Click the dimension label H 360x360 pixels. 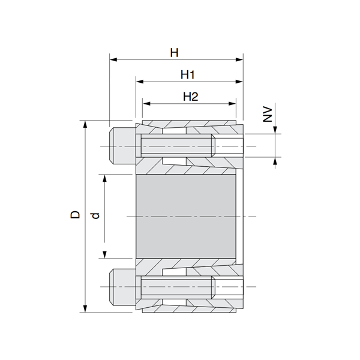coord(174,53)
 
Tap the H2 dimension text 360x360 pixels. coord(190,97)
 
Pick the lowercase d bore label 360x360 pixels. coord(94,215)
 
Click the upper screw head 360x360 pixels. coord(122,147)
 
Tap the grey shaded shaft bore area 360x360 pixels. coord(186,215)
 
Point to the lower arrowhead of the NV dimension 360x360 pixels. coord(276,160)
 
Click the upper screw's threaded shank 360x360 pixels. coord(177,147)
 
